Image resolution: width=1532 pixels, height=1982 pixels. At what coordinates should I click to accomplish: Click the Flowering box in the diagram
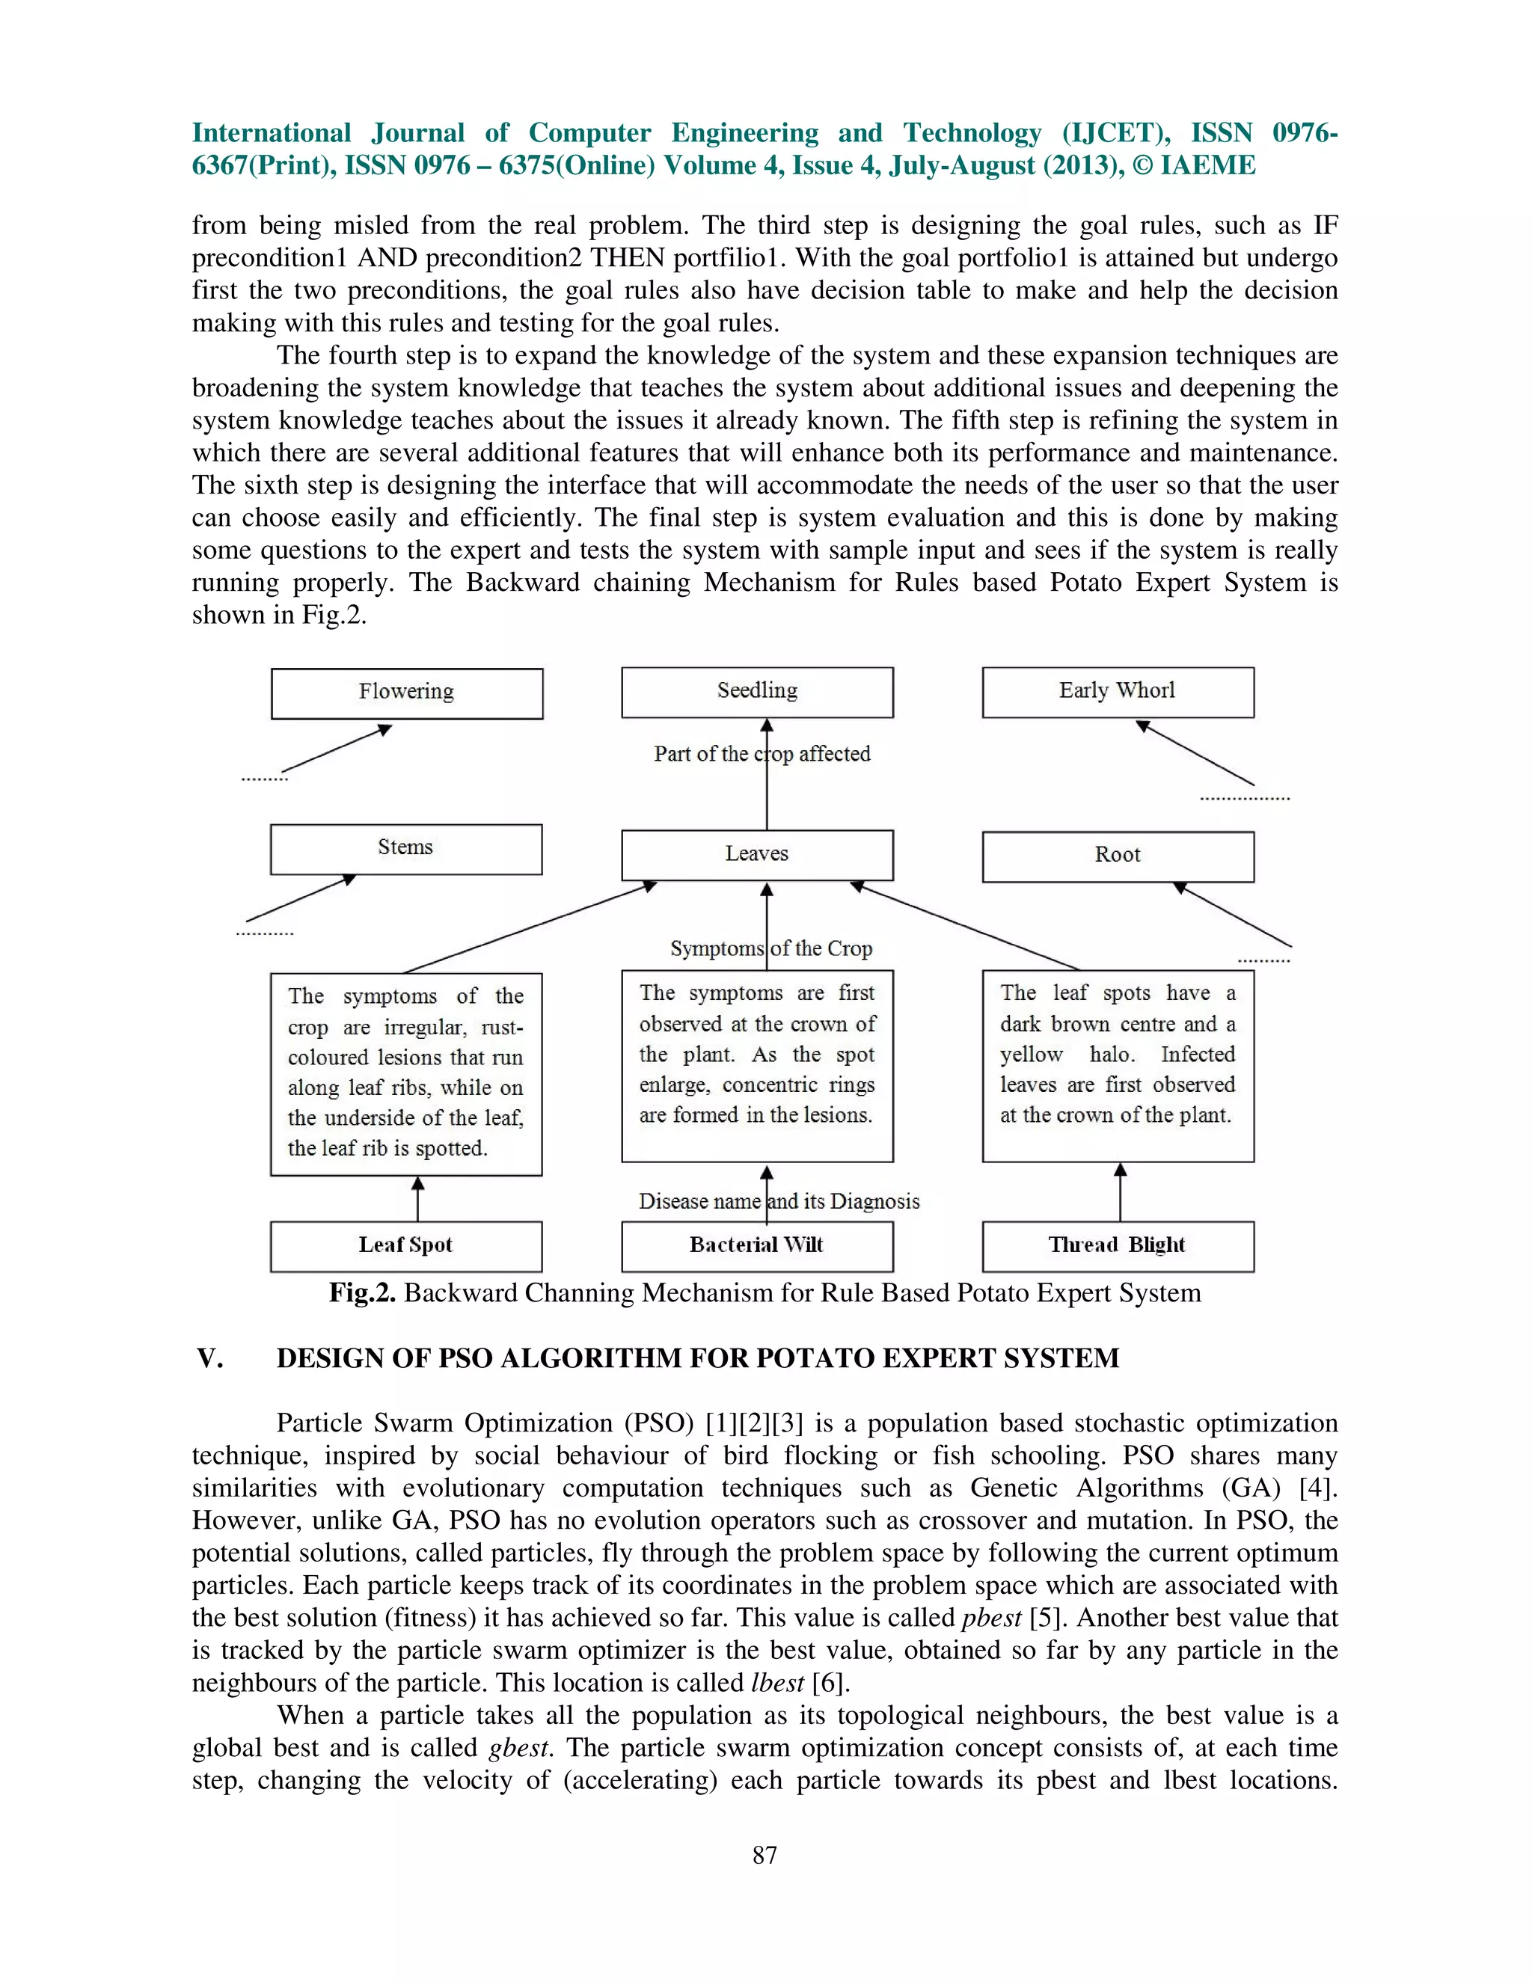[407, 693]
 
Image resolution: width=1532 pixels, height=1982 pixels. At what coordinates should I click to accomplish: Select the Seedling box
[757, 693]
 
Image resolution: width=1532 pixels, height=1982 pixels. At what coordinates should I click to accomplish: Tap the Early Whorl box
[1118, 693]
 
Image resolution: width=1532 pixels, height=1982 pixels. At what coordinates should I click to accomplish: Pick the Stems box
[405, 850]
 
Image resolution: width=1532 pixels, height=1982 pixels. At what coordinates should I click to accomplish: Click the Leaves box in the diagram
[757, 855]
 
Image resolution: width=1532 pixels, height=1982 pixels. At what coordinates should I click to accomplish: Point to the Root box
[1118, 856]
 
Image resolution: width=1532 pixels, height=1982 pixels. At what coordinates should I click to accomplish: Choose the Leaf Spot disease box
[405, 1246]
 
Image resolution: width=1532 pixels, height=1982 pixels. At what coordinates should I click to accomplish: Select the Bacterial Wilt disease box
[757, 1246]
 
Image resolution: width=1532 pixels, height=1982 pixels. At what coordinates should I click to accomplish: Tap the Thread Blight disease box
[1118, 1246]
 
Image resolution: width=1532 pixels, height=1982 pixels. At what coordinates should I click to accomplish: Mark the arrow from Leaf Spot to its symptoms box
[417, 1199]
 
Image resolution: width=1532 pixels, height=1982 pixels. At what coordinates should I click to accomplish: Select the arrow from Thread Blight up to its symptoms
[1120, 1192]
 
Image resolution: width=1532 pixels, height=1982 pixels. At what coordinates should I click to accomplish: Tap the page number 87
[765, 1855]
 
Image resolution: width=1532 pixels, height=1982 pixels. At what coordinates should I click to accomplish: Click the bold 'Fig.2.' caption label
[361, 1293]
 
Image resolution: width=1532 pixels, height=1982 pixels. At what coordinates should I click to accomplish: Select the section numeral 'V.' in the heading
[209, 1358]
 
